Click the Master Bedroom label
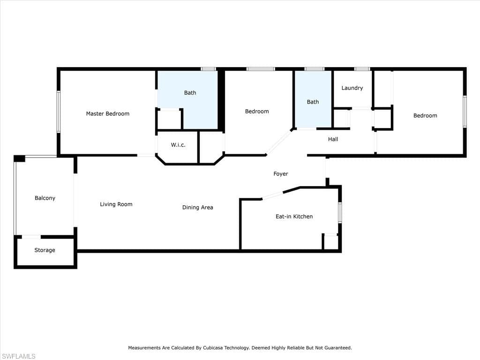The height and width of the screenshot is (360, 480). [x=108, y=113]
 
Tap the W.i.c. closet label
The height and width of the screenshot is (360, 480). [x=178, y=145]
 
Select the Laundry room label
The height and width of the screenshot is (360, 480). [x=352, y=88]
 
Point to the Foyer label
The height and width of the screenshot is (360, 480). [x=281, y=174]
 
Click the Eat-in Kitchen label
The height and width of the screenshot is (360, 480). [x=294, y=217]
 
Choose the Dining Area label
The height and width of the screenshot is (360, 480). [x=198, y=208]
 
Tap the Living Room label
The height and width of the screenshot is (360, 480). [x=116, y=204]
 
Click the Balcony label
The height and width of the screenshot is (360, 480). [x=45, y=198]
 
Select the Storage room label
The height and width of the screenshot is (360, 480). [x=45, y=250]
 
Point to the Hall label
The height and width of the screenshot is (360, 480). [x=333, y=139]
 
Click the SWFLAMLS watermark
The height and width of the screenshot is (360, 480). [x=18, y=356]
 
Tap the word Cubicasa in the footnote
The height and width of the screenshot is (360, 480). [x=213, y=348]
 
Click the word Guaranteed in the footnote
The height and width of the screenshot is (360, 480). [x=338, y=348]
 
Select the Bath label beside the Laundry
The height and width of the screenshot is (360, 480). [x=313, y=102]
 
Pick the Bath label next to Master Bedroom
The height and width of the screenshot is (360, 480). [x=190, y=93]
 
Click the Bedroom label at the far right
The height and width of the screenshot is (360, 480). [x=425, y=116]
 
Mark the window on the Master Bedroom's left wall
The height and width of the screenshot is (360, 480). [x=59, y=112]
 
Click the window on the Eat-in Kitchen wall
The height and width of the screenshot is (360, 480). [x=340, y=212]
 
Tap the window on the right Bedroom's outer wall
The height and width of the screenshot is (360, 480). [x=465, y=112]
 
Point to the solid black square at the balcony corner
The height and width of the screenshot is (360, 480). [x=20, y=158]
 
